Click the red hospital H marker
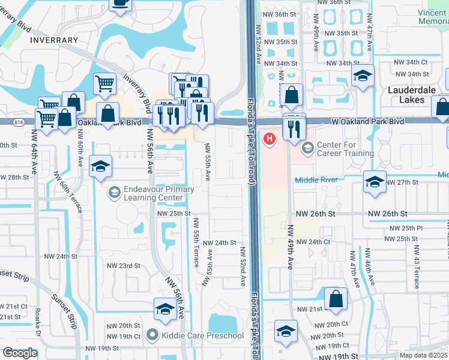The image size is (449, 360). [x=270, y=139]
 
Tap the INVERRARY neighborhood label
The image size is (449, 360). [x=52, y=40]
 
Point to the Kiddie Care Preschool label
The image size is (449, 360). [x=200, y=335]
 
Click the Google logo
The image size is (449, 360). [x=20, y=353]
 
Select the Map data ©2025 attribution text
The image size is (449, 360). [x=423, y=355]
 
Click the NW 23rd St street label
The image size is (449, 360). [x=124, y=266]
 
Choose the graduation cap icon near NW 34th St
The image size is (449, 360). [x=363, y=76]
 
